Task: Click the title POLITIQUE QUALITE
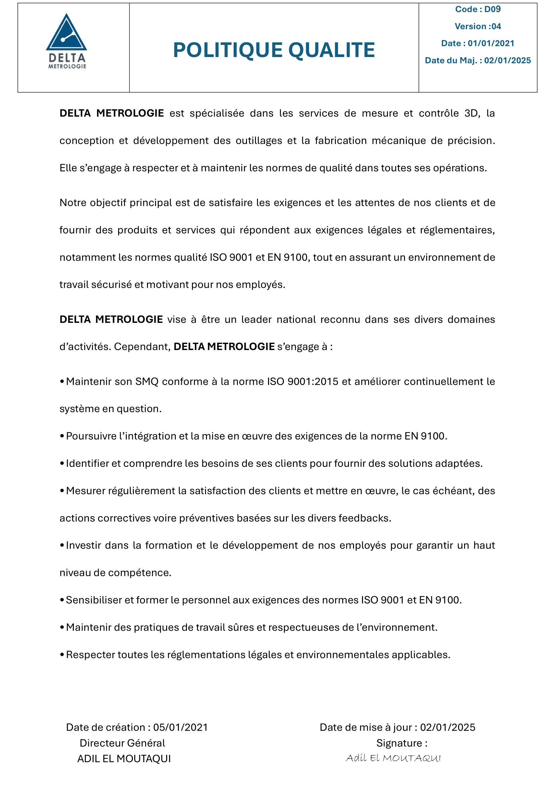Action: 274,50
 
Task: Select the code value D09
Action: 492,9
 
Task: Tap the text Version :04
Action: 477,26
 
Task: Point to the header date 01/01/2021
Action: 491,43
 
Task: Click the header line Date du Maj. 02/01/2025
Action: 477,60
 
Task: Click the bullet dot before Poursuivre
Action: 62,436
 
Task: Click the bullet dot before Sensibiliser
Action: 62,600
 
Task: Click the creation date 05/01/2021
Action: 181,727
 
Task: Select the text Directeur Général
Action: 122,743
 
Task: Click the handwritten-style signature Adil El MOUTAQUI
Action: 393,758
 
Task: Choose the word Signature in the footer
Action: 399,743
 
